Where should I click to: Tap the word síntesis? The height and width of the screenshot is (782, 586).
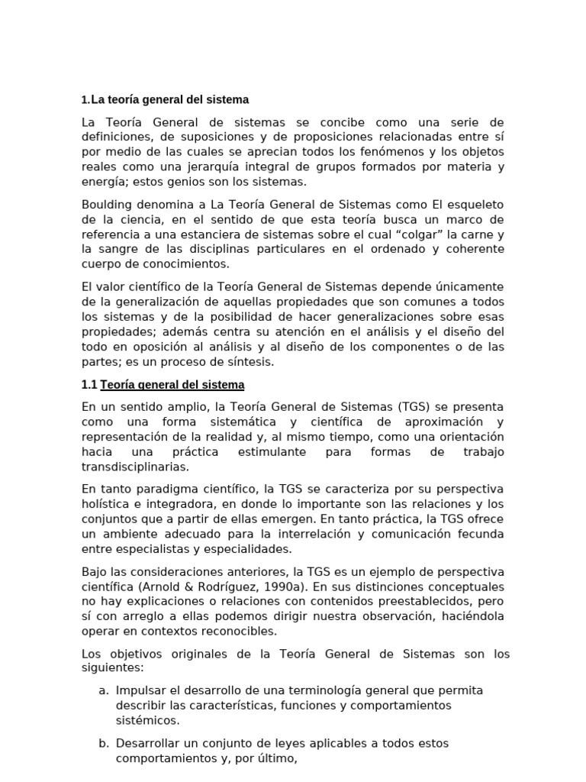point(248,362)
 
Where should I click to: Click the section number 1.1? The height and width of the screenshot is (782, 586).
point(89,385)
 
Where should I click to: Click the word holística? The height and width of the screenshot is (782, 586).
point(106,503)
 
